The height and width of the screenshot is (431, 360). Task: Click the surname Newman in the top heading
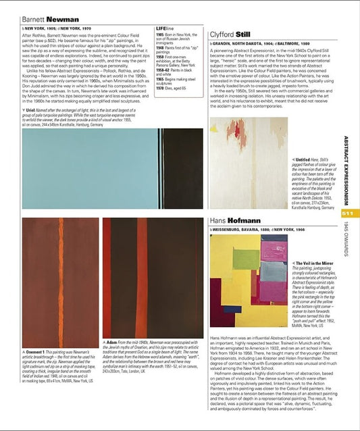[63, 20]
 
